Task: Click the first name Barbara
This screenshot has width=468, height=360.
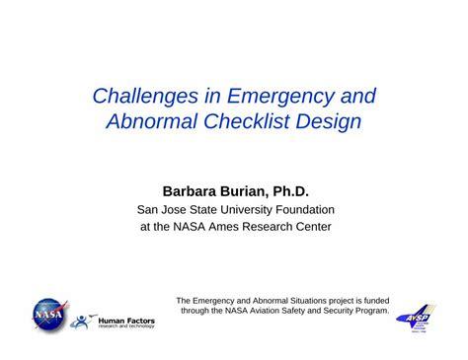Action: pyautogui.click(x=176, y=188)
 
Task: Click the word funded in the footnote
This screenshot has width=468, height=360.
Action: pyautogui.click(x=371, y=301)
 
